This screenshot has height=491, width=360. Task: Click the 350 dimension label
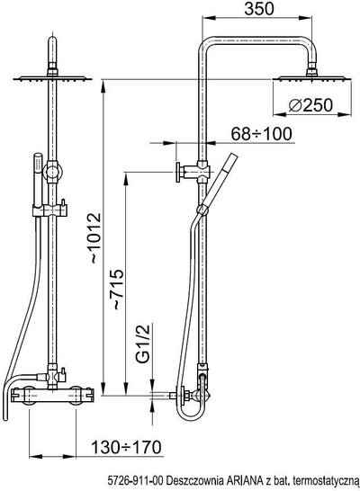click(259, 8)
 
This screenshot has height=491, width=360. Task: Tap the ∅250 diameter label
click(310, 105)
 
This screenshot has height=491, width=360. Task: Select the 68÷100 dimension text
click(261, 134)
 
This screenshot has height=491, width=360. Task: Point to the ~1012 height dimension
click(94, 237)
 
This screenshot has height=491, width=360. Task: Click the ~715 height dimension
click(118, 289)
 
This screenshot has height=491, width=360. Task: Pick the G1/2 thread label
click(144, 343)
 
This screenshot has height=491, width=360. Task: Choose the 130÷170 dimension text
click(126, 447)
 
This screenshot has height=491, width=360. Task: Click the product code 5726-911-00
click(135, 480)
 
